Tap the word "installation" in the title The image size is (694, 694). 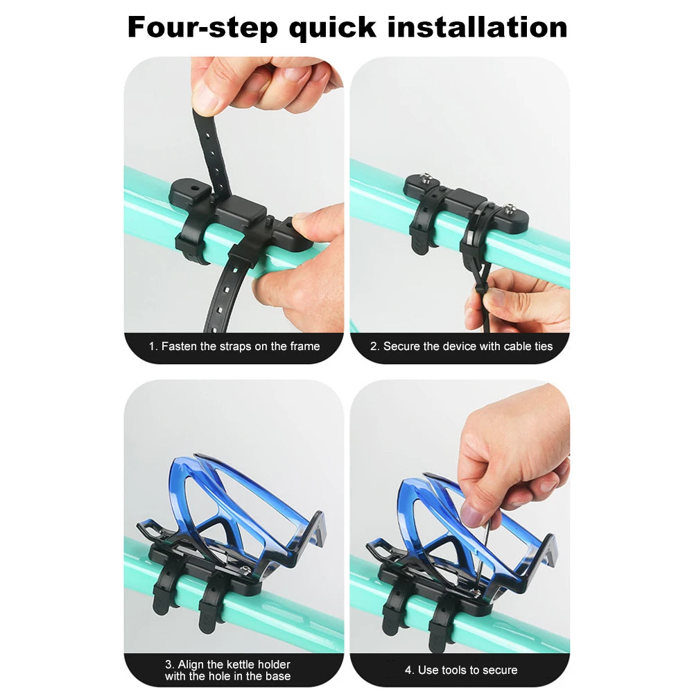pyautogui.click(x=477, y=28)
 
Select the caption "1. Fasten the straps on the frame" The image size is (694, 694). pyautogui.click(x=234, y=346)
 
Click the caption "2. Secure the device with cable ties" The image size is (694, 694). pyautogui.click(x=461, y=346)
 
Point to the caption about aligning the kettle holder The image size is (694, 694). pyautogui.click(x=227, y=670)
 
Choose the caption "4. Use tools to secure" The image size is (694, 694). pyautogui.click(x=461, y=670)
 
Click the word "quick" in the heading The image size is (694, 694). pyautogui.click(x=332, y=28)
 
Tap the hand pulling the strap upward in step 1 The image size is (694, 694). pyautogui.click(x=263, y=83)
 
